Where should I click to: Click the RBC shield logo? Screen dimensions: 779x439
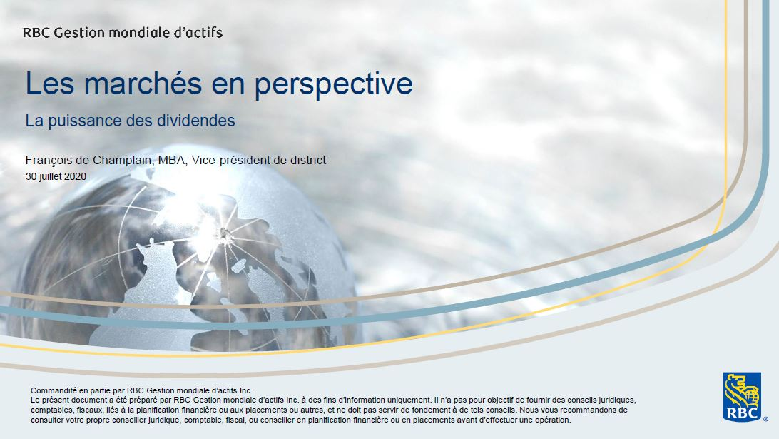742,396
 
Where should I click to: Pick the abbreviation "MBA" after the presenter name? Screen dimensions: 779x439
171,160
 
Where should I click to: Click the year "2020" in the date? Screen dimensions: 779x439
75,176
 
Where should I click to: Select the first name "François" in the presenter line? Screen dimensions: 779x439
47,161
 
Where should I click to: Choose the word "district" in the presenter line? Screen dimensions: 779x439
307,160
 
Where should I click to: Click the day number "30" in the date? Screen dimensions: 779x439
31,176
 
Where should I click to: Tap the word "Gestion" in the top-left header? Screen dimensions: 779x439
79,33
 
